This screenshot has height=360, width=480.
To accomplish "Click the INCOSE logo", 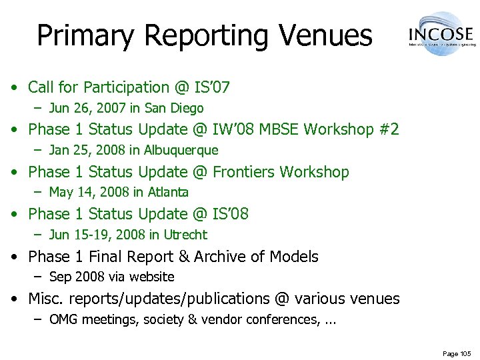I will click(x=441, y=33).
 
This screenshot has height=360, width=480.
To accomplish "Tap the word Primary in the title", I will click(x=85, y=36).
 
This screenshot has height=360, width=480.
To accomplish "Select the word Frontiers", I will click(x=243, y=172).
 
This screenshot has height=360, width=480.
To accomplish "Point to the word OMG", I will click(x=63, y=320).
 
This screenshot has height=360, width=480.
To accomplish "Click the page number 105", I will click(x=464, y=353).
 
